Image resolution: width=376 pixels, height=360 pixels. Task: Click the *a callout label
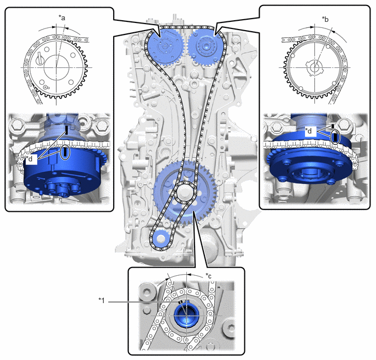click(62, 18)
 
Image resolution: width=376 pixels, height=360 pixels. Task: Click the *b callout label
click(325, 19)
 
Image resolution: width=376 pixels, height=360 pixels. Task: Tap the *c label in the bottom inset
click(209, 276)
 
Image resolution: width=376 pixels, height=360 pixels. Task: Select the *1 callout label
click(102, 300)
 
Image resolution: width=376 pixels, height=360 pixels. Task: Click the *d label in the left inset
click(30, 159)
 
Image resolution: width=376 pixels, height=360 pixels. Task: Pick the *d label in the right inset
click(309, 131)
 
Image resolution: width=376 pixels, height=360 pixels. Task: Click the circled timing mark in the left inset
click(65, 152)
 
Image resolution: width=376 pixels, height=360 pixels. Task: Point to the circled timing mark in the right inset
click(335, 137)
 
